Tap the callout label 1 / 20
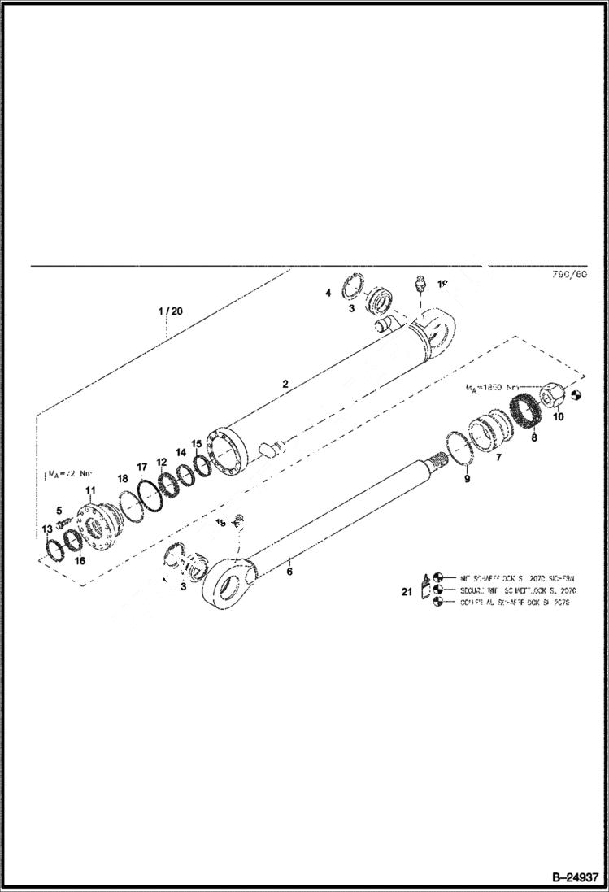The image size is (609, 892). click(x=171, y=311)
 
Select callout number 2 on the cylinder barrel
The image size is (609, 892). click(x=285, y=382)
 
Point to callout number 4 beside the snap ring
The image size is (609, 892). click(x=328, y=293)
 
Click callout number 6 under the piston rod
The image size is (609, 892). click(x=289, y=572)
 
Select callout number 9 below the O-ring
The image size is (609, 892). click(x=467, y=481)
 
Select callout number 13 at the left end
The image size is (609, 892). click(x=47, y=529)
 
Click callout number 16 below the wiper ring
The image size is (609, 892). click(x=79, y=560)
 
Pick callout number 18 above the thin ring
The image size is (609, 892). click(x=123, y=479)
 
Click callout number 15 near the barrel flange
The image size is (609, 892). click(x=196, y=444)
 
